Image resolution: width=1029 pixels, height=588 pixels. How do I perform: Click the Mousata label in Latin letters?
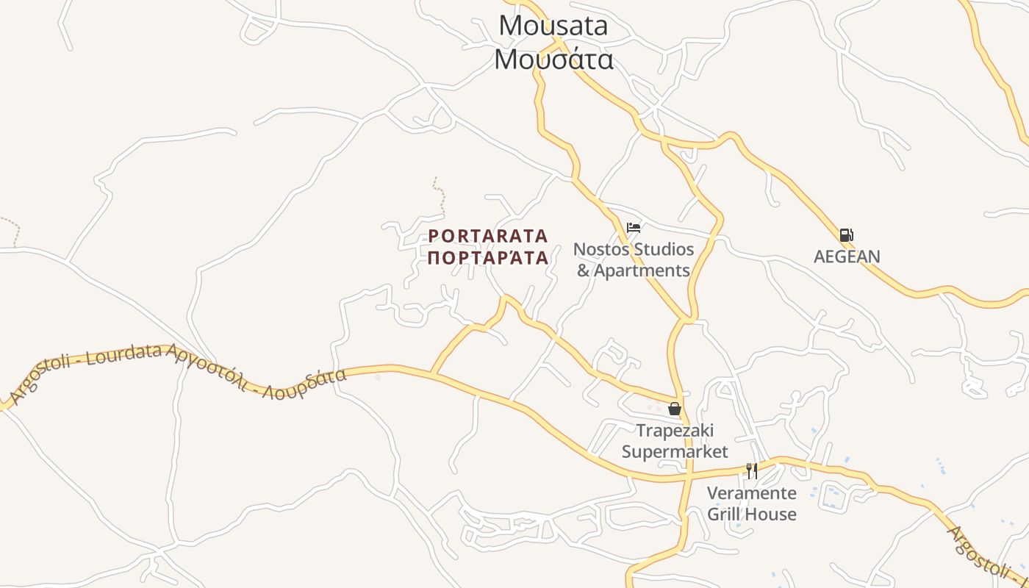(x=553, y=26)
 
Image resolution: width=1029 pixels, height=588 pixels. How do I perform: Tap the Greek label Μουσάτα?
(x=553, y=59)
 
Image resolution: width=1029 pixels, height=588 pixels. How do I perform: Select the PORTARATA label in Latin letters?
(x=488, y=236)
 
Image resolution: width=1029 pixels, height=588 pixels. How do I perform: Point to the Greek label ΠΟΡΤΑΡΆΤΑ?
(x=488, y=258)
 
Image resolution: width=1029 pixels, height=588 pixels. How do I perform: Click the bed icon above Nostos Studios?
(x=634, y=228)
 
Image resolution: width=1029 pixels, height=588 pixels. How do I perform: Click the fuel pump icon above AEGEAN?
(x=846, y=235)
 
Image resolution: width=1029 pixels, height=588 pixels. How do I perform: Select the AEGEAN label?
(x=847, y=257)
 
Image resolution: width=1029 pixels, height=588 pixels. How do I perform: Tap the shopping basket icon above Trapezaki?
(x=675, y=409)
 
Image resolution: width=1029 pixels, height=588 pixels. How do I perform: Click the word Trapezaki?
(x=675, y=430)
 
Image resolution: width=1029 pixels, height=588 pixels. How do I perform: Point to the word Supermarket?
(x=675, y=451)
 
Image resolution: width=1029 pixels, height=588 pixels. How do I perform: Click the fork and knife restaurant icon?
(x=751, y=470)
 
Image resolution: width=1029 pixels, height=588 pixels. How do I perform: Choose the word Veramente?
(x=751, y=492)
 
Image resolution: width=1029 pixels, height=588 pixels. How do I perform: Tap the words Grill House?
(x=751, y=514)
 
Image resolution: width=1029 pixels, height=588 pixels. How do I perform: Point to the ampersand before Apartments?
(x=584, y=270)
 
